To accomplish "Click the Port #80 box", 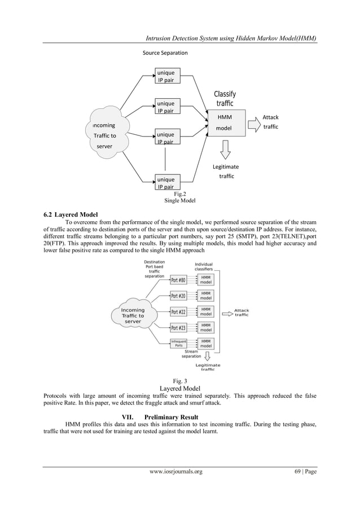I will coord(178,280).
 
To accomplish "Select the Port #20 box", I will coord(178,296).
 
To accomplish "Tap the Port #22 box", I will coord(178,312).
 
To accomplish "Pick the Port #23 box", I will coord(178,328).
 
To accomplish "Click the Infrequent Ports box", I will coord(178,344).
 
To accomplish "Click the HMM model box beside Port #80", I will coord(206,280).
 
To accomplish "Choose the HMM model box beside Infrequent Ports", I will coord(206,343).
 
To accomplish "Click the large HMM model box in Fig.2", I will coord(225,123).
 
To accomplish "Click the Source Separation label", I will coord(165,53).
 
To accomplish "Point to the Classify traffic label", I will coord(225,99).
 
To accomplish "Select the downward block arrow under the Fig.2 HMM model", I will coord(225,149).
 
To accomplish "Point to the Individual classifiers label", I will coord(204,267).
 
